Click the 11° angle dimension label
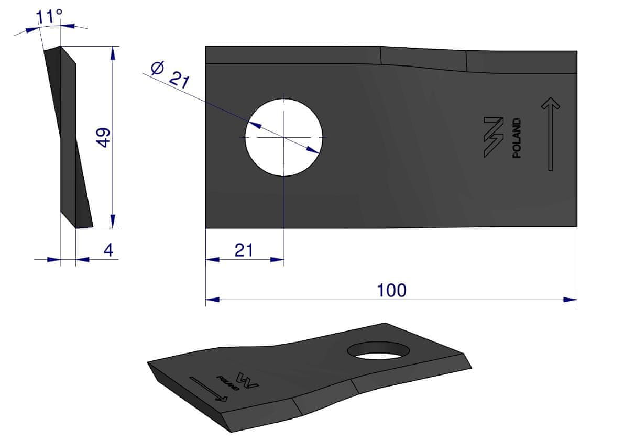(49, 16)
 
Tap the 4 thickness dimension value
(108, 250)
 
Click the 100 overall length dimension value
(391, 290)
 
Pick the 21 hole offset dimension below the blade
(244, 250)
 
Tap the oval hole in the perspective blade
(378, 351)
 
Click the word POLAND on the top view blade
(517, 138)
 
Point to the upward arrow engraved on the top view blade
(550, 134)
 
